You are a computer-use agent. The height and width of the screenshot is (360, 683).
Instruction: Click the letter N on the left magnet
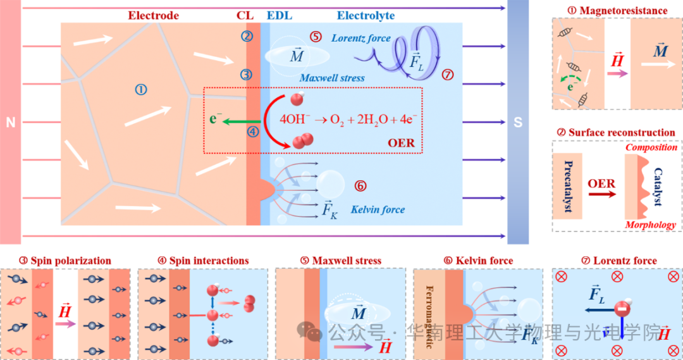point(10,122)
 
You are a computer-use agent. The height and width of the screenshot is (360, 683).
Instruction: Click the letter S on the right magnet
point(518,122)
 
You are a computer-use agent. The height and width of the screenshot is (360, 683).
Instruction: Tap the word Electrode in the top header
point(154,15)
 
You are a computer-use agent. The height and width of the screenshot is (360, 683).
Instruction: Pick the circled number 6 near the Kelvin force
point(360,186)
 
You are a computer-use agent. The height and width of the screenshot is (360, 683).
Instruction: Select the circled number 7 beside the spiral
point(448,75)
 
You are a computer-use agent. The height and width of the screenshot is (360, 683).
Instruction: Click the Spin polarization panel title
point(65,261)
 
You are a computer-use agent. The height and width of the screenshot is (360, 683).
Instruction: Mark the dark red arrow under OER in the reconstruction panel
point(601,195)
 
